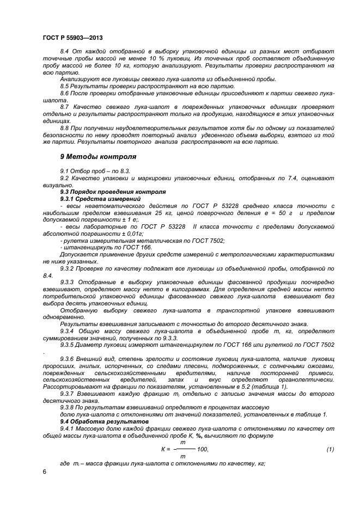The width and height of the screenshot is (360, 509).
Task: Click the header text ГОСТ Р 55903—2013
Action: tap(72, 38)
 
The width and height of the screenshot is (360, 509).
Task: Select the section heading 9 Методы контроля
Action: tap(98, 156)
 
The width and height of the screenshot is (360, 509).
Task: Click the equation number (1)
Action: tap(330, 449)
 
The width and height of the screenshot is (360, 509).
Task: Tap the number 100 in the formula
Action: tap(202, 449)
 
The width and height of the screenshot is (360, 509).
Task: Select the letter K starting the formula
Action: tap(163, 449)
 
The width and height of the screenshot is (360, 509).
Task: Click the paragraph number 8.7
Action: tap(65, 107)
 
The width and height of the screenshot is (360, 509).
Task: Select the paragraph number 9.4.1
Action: tap(68, 429)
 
